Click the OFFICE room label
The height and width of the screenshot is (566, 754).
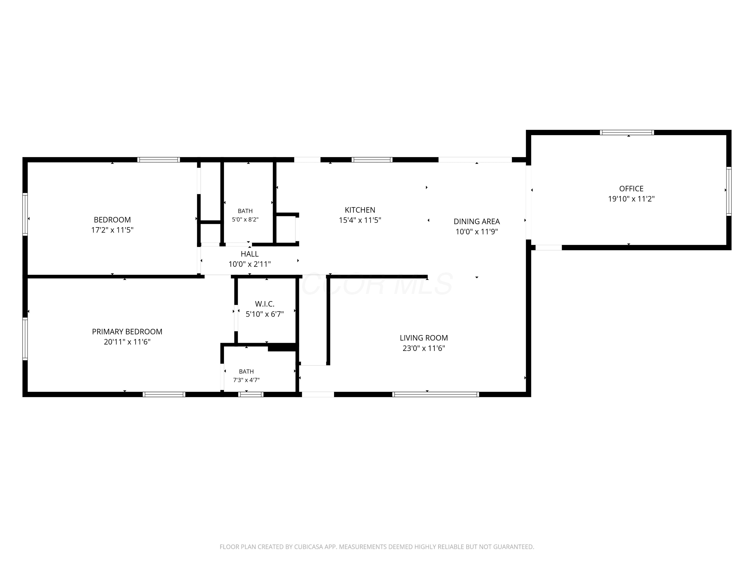click(x=631, y=189)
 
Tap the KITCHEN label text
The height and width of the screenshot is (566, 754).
click(x=360, y=210)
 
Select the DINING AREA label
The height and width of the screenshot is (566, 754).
click(x=477, y=221)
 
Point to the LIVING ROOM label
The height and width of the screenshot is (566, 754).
click(x=424, y=338)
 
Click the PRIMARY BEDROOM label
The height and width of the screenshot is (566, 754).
click(x=127, y=332)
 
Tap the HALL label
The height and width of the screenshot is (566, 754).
click(x=250, y=254)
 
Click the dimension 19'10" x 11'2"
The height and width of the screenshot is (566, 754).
click(x=631, y=199)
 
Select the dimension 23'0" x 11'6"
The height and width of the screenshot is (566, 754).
click(x=424, y=348)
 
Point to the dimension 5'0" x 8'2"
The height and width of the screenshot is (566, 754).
click(x=245, y=220)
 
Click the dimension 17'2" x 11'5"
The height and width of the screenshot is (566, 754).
click(x=112, y=230)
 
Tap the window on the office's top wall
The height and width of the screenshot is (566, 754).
click(x=627, y=132)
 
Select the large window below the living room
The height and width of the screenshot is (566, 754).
click(x=436, y=394)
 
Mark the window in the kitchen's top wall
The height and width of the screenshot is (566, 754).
click(x=372, y=160)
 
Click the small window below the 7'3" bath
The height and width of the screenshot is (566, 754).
click(x=251, y=394)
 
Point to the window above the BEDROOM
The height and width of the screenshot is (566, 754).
click(x=159, y=160)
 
